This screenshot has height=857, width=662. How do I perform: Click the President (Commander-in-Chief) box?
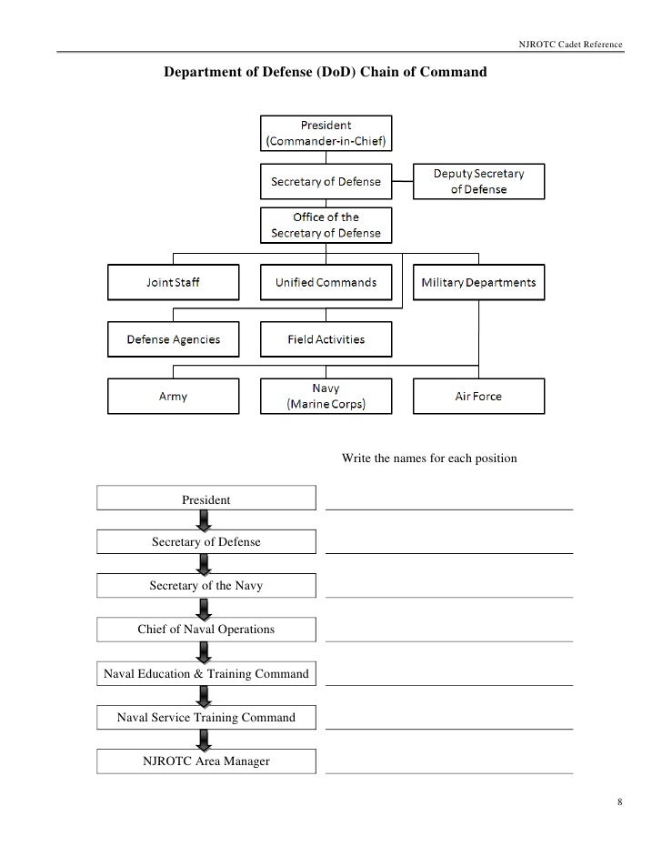[326, 133]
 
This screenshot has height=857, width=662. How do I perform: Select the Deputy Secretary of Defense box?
[478, 181]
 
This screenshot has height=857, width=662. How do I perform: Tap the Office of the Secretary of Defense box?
[326, 225]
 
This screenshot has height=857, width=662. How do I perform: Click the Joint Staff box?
[174, 282]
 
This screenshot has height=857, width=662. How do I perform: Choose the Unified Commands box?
[326, 282]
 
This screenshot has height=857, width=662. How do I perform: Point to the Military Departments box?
[478, 282]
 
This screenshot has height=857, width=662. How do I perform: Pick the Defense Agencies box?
[174, 339]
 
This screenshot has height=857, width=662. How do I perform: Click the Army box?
[174, 397]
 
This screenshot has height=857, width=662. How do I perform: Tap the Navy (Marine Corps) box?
[326, 397]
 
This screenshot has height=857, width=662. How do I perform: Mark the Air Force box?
[478, 397]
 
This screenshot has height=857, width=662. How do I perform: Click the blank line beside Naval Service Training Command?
[449, 728]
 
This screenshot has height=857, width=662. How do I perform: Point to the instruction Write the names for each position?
[429, 458]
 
